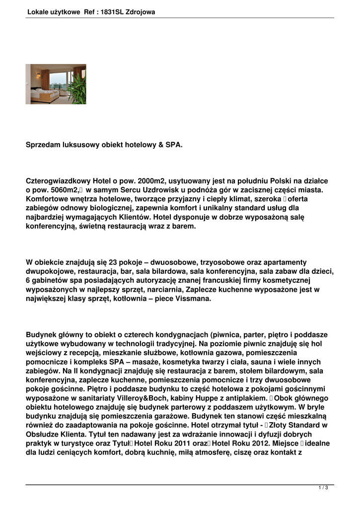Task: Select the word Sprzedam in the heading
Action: [43, 145]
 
